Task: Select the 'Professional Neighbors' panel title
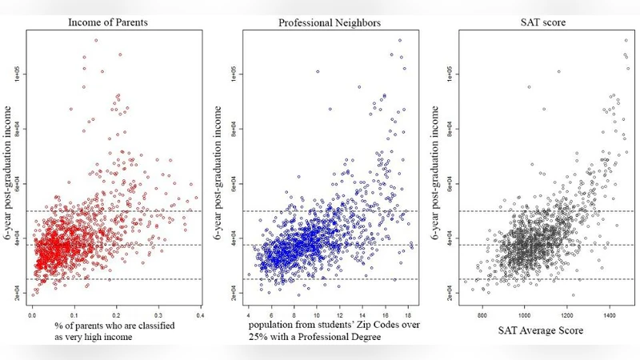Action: click(x=329, y=21)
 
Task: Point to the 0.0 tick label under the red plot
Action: click(x=32, y=317)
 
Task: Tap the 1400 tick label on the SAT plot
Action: click(x=610, y=317)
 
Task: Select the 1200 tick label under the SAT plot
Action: click(x=567, y=317)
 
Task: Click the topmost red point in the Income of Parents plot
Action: click(x=96, y=40)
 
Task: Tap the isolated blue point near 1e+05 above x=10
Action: click(x=318, y=72)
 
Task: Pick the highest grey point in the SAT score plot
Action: click(x=626, y=40)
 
